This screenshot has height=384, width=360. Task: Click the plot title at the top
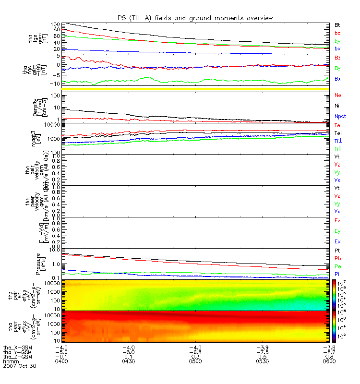click(x=195, y=18)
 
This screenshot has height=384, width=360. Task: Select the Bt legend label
click(x=337, y=24)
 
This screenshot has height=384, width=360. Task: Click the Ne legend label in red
click(x=338, y=95)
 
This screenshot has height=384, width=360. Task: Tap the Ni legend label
click(x=337, y=105)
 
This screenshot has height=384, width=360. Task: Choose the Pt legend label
click(x=337, y=251)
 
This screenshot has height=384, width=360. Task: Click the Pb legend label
click(x=338, y=258)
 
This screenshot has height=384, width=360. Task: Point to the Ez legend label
click(x=338, y=220)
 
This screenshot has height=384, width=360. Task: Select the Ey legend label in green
click(x=338, y=231)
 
